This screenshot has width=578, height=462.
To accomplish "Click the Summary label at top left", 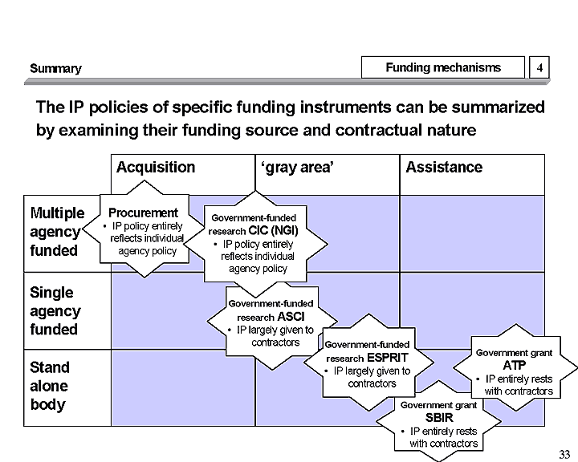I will pos(55,69).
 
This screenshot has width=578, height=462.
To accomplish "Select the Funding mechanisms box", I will pos(443,68).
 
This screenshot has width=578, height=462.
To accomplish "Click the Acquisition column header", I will pos(156,168).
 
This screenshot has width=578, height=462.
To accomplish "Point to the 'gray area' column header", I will pos(298,168).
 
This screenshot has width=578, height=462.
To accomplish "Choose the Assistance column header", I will pos(444,168).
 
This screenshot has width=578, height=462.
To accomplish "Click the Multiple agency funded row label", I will pos(56,232).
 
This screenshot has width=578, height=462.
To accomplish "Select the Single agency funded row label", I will pos(55,311).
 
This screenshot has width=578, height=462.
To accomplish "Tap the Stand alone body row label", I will pos(50,386).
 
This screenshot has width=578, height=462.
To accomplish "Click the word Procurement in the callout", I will pos(143,213).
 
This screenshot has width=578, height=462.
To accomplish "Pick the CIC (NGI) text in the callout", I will pos(274,231).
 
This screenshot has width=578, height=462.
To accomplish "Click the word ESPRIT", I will pos(389,358).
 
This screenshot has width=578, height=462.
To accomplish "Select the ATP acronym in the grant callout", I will pos(514,365).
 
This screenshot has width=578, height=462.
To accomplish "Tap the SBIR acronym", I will pos(438,418).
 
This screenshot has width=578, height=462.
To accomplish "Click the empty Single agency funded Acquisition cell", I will pos(161,311).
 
